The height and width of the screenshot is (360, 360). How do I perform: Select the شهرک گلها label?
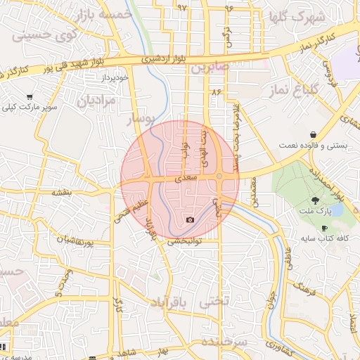[x=288, y=17]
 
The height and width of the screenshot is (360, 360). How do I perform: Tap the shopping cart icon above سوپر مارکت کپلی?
[x=30, y=97]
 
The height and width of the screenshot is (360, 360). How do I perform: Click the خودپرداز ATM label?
[x=115, y=77]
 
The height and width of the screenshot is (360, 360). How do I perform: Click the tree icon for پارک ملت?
[x=314, y=200]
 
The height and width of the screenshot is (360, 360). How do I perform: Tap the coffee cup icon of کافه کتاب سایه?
[x=324, y=229]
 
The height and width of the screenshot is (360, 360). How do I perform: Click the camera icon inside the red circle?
[x=190, y=220]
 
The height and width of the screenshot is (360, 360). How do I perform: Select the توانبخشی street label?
[x=184, y=241]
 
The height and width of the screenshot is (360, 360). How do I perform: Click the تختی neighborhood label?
[x=214, y=302]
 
